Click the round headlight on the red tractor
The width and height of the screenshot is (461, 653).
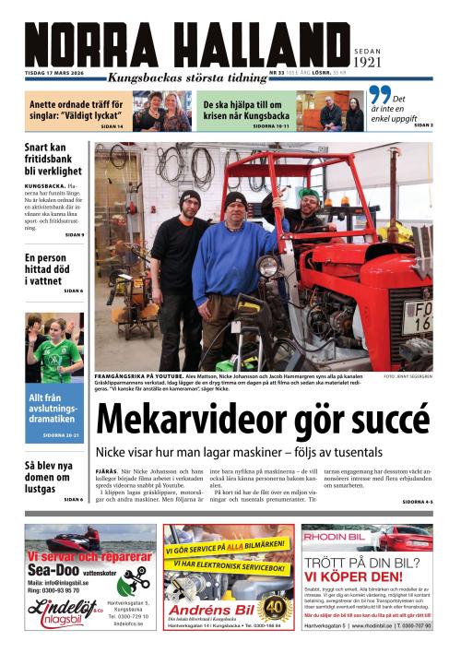click(268, 267)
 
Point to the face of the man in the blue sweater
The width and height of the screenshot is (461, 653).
click(236, 209)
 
